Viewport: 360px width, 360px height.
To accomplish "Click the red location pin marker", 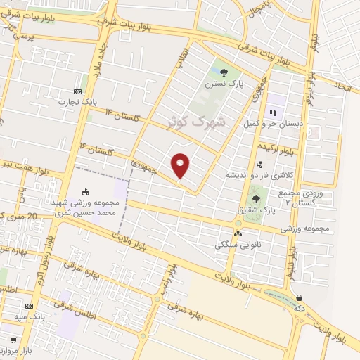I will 181,165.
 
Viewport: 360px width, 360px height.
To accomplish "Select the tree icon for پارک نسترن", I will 224,72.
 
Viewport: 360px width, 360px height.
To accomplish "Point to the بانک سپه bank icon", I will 29,307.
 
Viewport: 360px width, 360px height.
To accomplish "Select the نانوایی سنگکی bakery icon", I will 238,233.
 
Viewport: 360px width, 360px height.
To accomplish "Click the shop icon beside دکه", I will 301,297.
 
